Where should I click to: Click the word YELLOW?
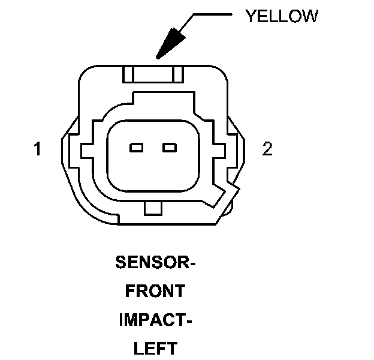tap(281, 16)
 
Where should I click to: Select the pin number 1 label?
tap(37, 149)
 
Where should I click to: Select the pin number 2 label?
tap(267, 149)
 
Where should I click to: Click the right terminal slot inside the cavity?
tap(170, 147)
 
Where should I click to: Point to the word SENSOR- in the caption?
tap(155, 262)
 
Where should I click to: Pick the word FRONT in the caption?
tap(155, 292)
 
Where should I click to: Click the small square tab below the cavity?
tap(153, 208)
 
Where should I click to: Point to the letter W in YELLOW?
tap(310, 16)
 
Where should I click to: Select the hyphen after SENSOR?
tap(193, 263)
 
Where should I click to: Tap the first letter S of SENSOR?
tap(119, 262)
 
